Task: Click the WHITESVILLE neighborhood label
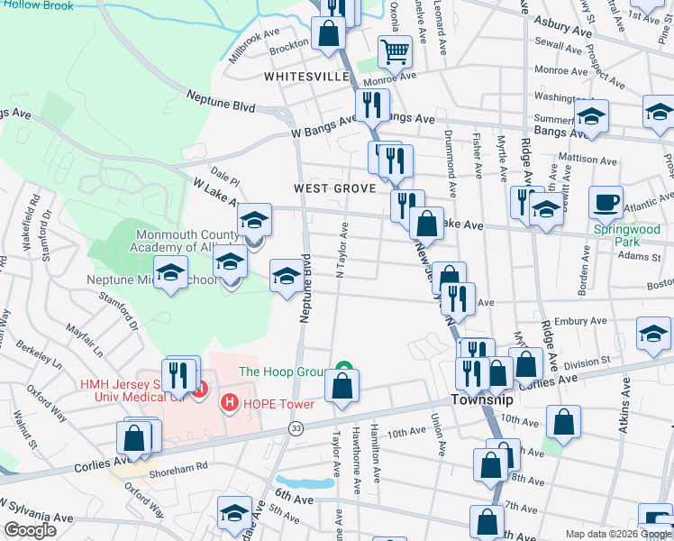click(x=306, y=78)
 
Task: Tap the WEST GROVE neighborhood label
click(x=333, y=188)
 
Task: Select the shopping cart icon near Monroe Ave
click(x=395, y=51)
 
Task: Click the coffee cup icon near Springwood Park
click(x=606, y=202)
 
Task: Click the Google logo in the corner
click(x=30, y=529)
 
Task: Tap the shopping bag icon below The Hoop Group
click(x=342, y=386)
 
